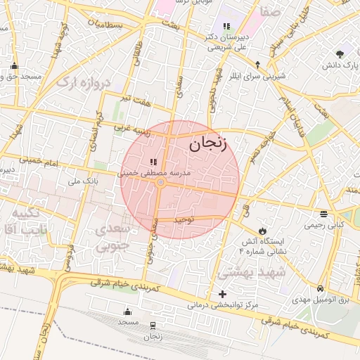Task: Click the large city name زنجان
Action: (x=208, y=144)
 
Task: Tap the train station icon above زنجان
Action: (x=153, y=325)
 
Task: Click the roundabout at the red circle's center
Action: (x=161, y=183)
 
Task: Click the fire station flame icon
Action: (x=262, y=230)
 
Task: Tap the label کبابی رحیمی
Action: (x=323, y=226)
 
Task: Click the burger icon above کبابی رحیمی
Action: (x=323, y=214)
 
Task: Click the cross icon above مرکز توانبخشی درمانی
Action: (x=223, y=294)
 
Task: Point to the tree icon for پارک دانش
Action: (x=341, y=53)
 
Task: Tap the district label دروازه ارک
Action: (x=84, y=82)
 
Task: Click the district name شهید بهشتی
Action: (x=252, y=271)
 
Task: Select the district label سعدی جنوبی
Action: (x=113, y=237)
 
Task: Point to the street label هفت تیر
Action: (x=134, y=101)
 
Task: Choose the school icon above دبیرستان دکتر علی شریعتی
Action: (x=226, y=26)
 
